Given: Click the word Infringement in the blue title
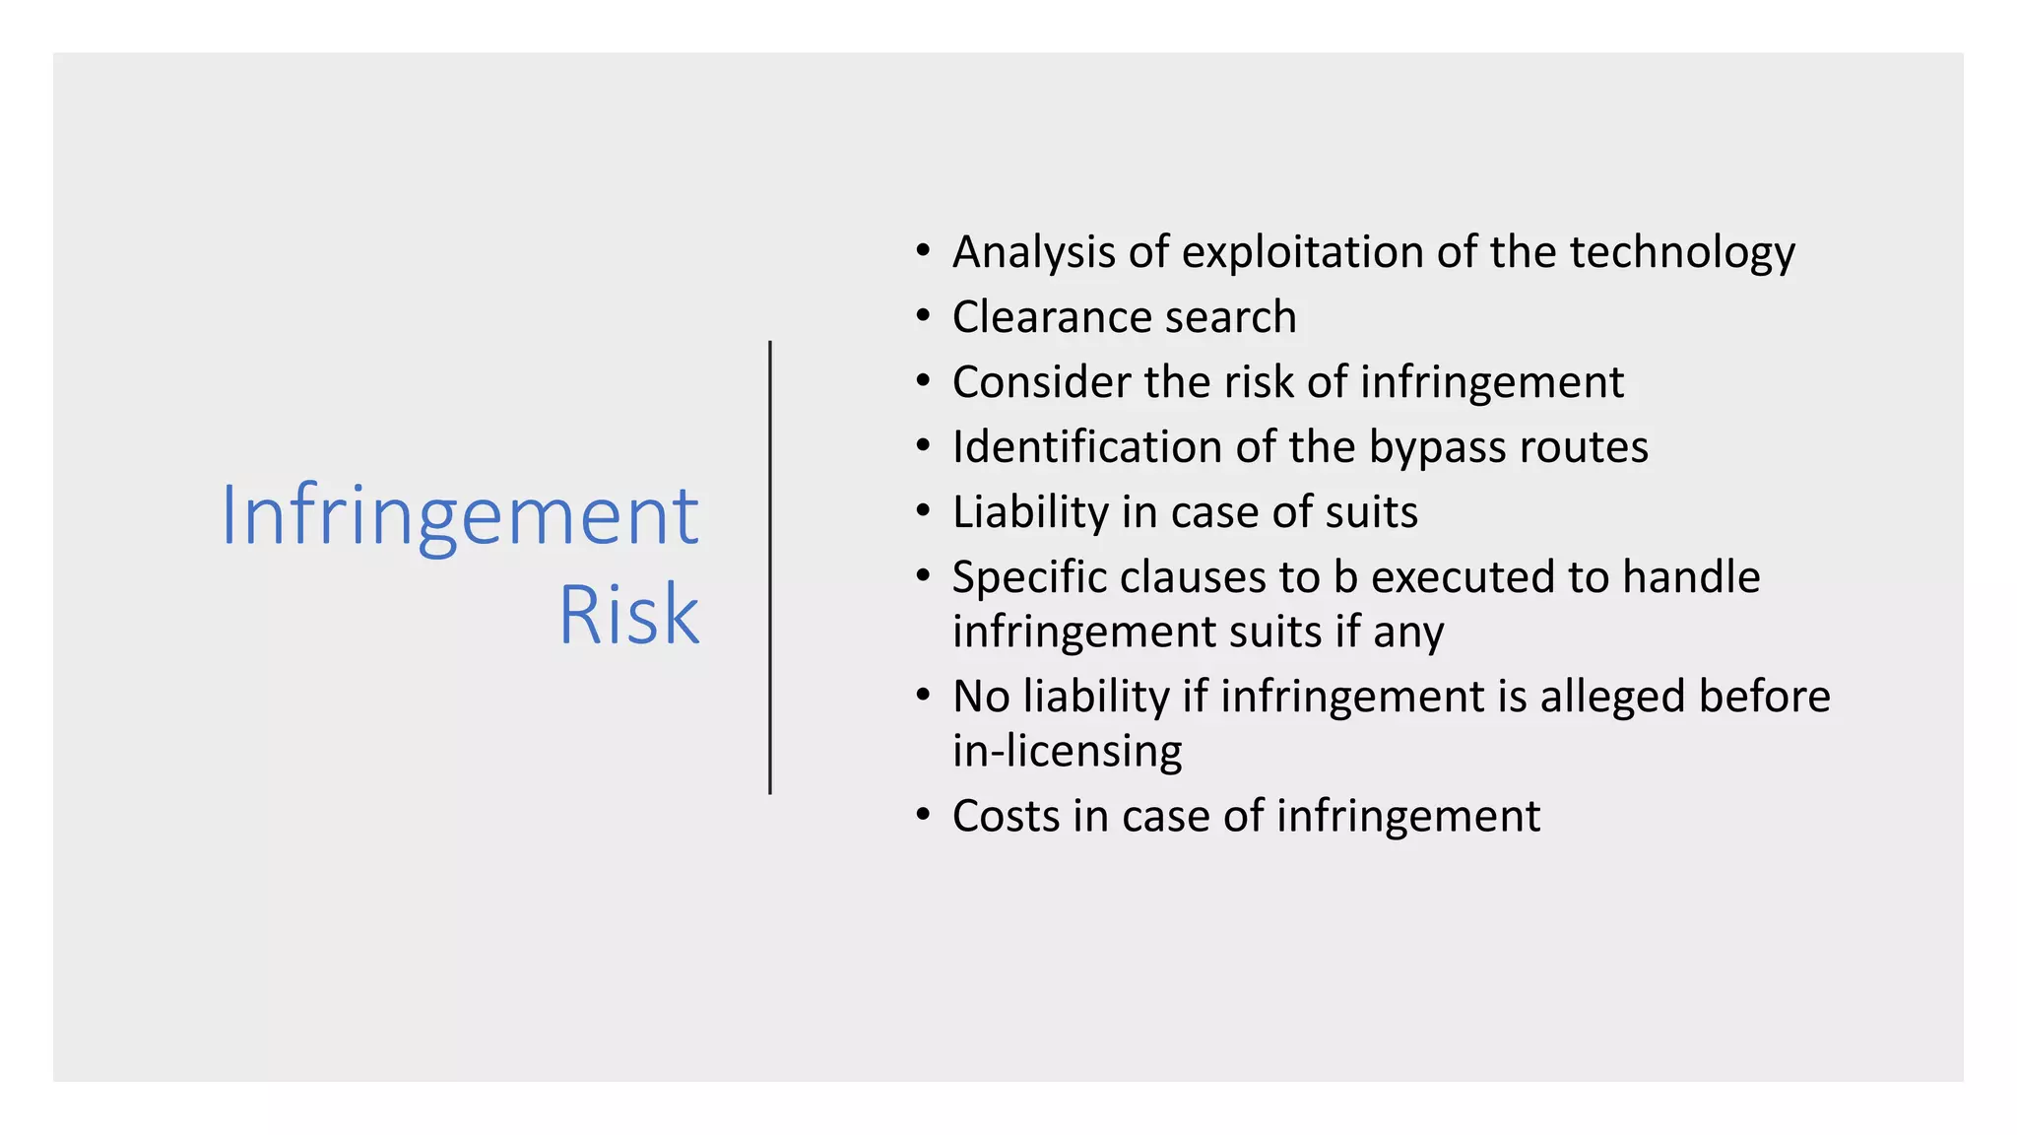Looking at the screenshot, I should tap(460, 516).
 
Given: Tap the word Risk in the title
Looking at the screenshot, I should tap(628, 615).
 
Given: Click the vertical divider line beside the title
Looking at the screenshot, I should tap(770, 567).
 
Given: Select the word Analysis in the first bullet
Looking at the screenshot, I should tap(1034, 253).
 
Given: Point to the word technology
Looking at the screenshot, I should tap(1682, 253).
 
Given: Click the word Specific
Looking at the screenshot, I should tap(1029, 578).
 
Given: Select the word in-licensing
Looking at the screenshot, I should tap(1068, 752).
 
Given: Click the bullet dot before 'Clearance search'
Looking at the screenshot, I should tap(923, 316).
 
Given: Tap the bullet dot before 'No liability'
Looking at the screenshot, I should tap(923, 696).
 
